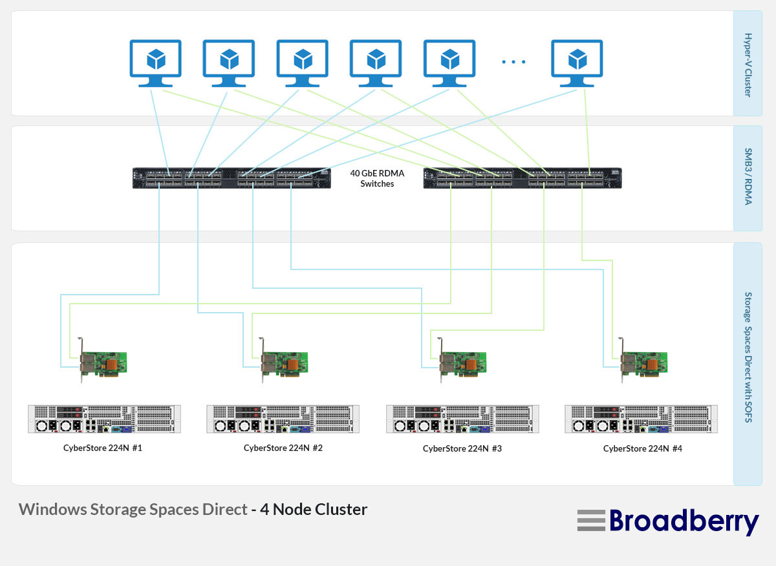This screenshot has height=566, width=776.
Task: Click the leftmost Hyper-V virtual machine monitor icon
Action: pyautogui.click(x=156, y=62)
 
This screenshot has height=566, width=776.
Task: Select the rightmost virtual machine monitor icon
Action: pyautogui.click(x=577, y=62)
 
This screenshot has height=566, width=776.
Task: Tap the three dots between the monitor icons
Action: pyautogui.click(x=514, y=62)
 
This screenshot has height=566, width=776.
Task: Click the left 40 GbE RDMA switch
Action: pyautogui.click(x=232, y=178)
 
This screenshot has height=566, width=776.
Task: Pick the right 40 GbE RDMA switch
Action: pyautogui.click(x=523, y=178)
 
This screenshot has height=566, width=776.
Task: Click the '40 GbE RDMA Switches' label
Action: pyautogui.click(x=376, y=178)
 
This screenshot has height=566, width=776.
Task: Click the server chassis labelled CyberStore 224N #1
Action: pyautogui.click(x=104, y=419)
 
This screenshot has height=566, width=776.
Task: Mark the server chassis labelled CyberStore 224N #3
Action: pyautogui.click(x=462, y=419)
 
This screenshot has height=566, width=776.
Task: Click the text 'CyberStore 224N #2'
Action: pyautogui.click(x=283, y=448)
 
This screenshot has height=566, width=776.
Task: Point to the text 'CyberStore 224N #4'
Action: pyautogui.click(x=643, y=448)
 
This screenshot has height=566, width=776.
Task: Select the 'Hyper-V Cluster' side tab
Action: pyautogui.click(x=748, y=65)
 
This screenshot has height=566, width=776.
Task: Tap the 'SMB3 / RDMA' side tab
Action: pyautogui.click(x=748, y=177)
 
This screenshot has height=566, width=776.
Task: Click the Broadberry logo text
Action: pyautogui.click(x=684, y=521)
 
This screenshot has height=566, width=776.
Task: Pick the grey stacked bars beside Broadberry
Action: pyautogui.click(x=591, y=521)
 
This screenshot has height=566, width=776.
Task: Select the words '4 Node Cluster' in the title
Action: pyautogui.click(x=314, y=509)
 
